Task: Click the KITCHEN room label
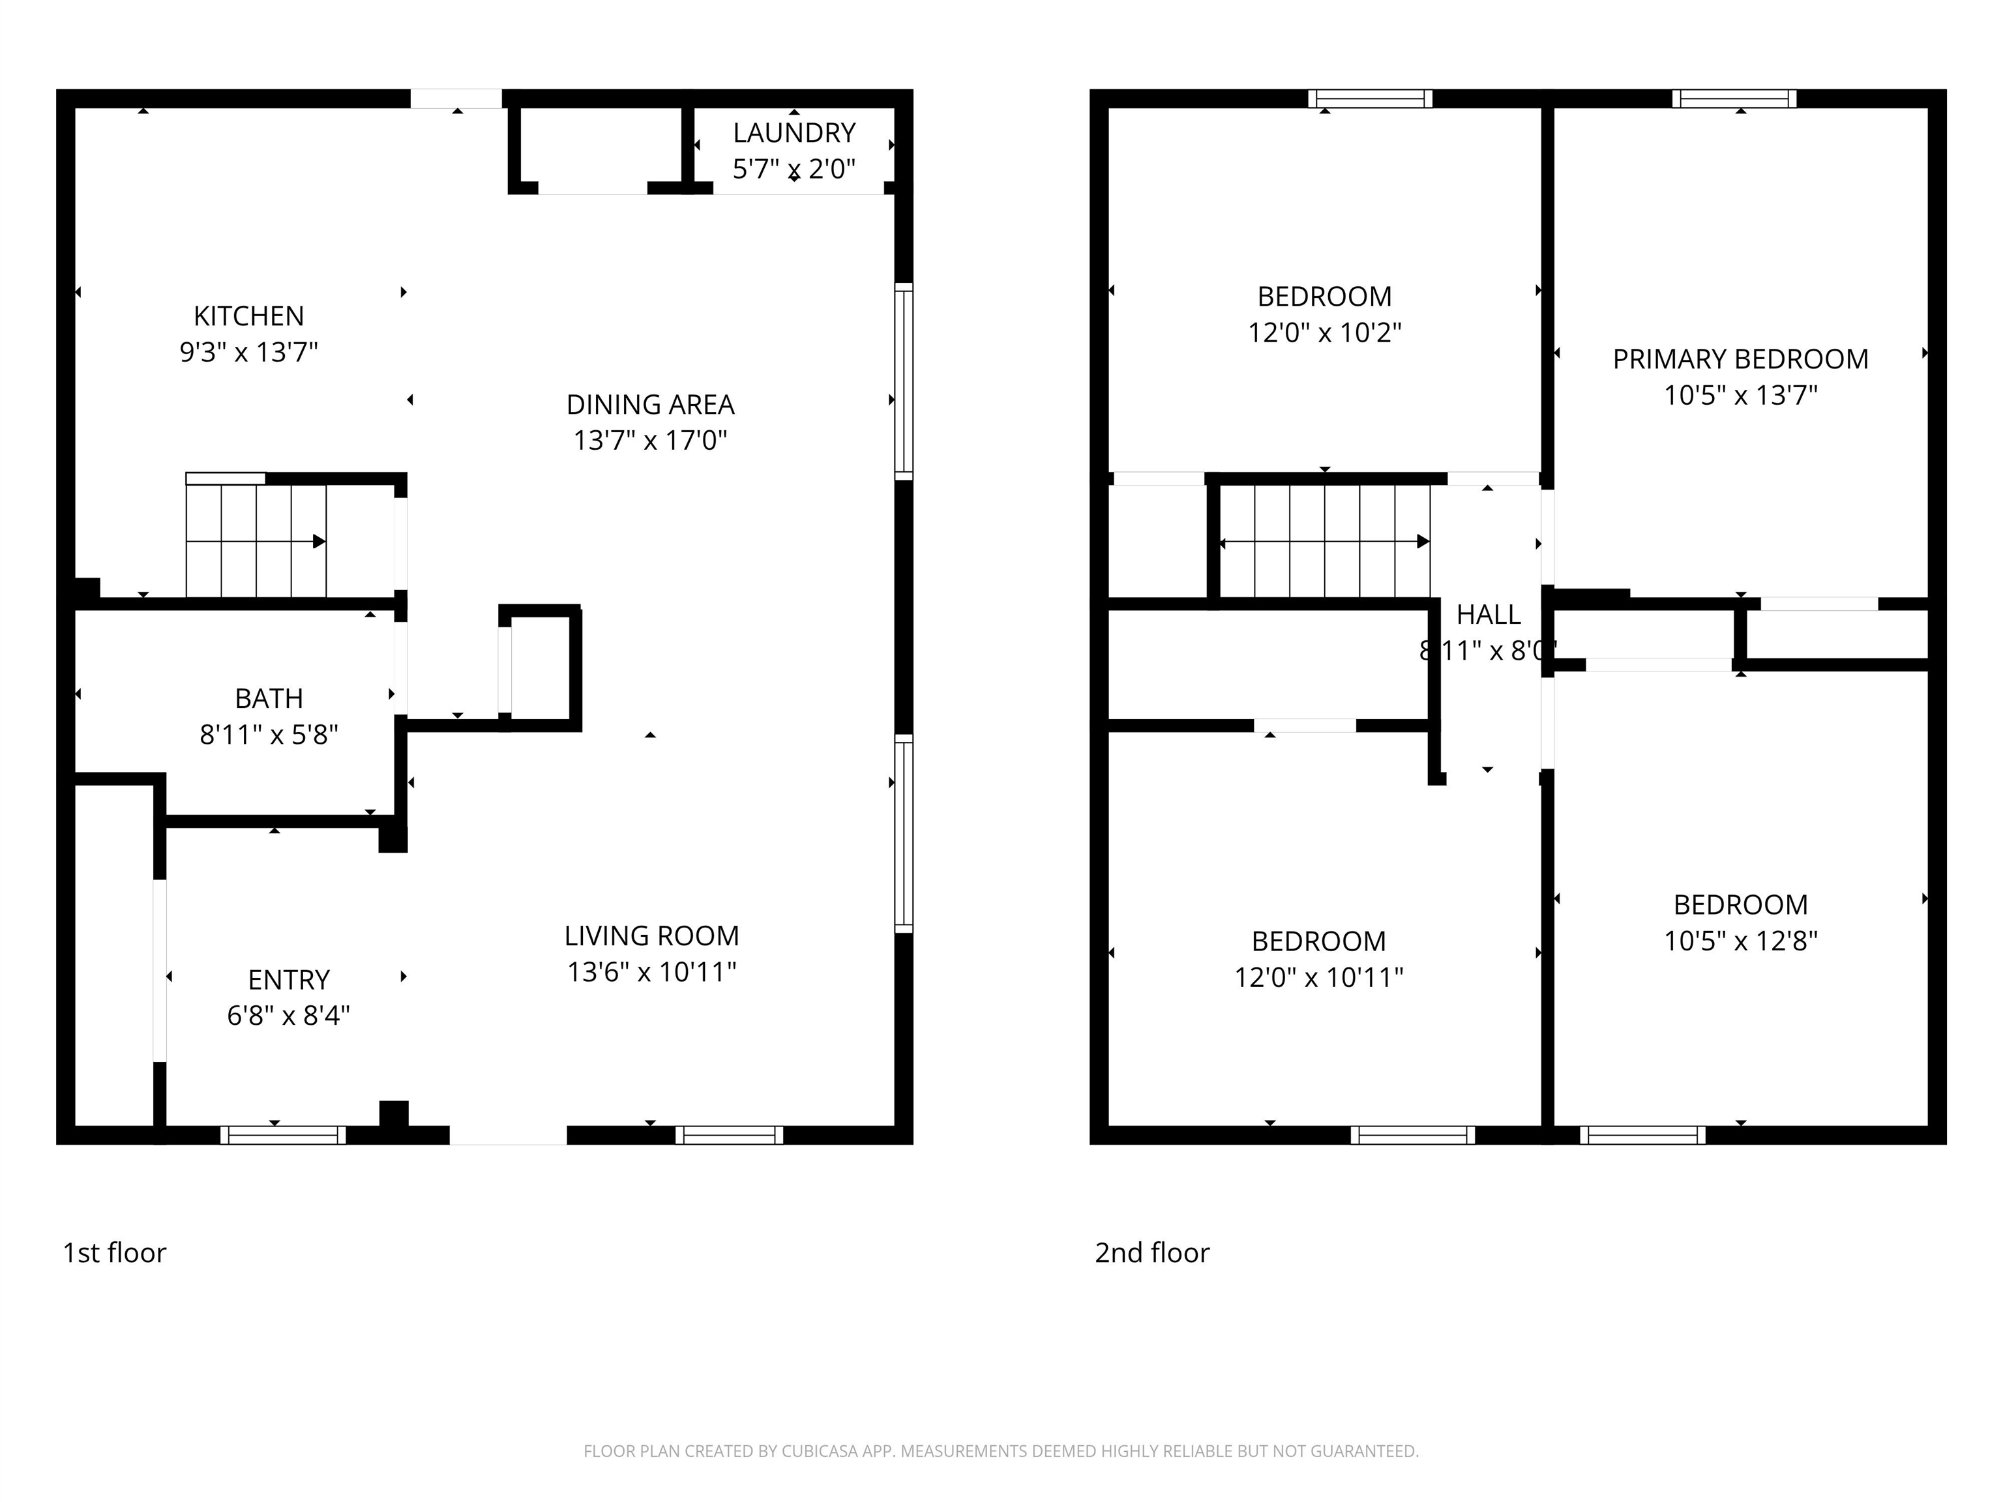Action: [249, 316]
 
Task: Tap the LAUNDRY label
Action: [794, 133]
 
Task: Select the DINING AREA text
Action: [650, 405]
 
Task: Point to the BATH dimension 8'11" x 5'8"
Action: [269, 734]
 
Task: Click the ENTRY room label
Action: [289, 980]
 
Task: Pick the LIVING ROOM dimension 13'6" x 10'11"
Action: [651, 971]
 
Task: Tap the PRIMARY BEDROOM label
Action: [1740, 359]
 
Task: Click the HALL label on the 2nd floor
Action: [1489, 615]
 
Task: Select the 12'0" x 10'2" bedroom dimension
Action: [1325, 332]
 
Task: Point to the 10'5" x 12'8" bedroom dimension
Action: [1740, 941]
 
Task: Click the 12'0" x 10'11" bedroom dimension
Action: [1318, 977]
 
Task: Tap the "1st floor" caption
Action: [115, 1252]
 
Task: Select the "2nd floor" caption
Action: [1152, 1252]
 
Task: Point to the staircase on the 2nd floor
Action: [1325, 541]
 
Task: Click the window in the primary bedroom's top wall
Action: [1734, 98]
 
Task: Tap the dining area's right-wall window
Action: [904, 381]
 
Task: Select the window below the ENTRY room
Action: [284, 1136]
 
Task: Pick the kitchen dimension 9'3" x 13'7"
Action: [249, 352]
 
